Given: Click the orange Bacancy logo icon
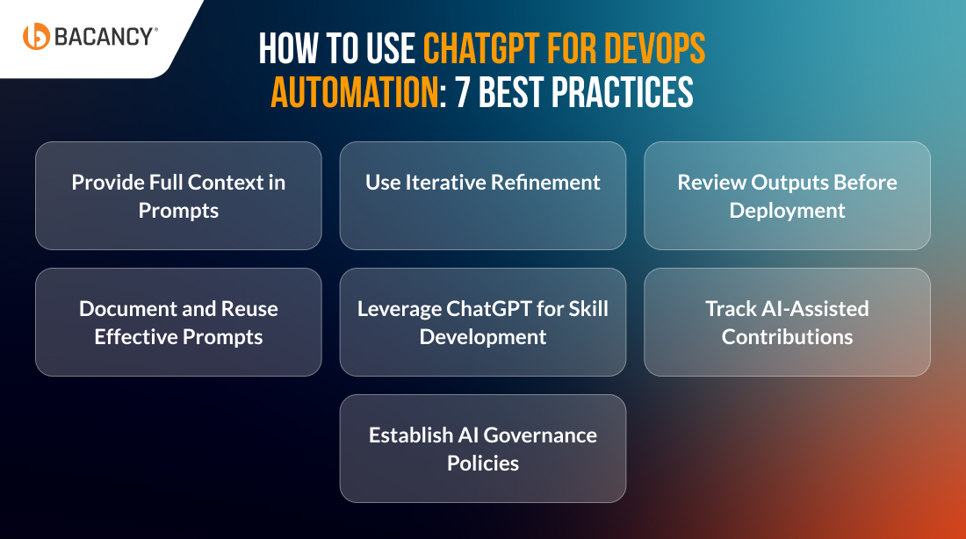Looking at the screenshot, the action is [x=36, y=36].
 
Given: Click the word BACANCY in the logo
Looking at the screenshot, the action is [x=104, y=37].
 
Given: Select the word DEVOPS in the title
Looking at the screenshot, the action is [x=654, y=49].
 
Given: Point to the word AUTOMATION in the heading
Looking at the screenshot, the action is [x=356, y=92].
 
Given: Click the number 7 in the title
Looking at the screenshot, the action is [x=463, y=92].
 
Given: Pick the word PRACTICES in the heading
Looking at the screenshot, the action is [x=623, y=92].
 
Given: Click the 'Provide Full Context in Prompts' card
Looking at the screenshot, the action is [x=178, y=196].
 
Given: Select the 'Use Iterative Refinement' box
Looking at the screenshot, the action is [x=483, y=196].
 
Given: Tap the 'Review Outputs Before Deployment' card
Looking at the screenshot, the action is [x=788, y=196].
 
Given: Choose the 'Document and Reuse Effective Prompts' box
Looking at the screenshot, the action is [x=178, y=322].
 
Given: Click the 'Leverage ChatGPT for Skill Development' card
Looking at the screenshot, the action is [x=483, y=322].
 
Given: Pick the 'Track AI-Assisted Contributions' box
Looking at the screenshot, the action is [x=788, y=322].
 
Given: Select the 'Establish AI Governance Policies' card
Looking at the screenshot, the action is [x=483, y=449].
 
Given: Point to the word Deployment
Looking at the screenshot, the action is [x=788, y=212].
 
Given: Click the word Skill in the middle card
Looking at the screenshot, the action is [x=588, y=308].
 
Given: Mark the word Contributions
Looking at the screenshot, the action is [x=788, y=337].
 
